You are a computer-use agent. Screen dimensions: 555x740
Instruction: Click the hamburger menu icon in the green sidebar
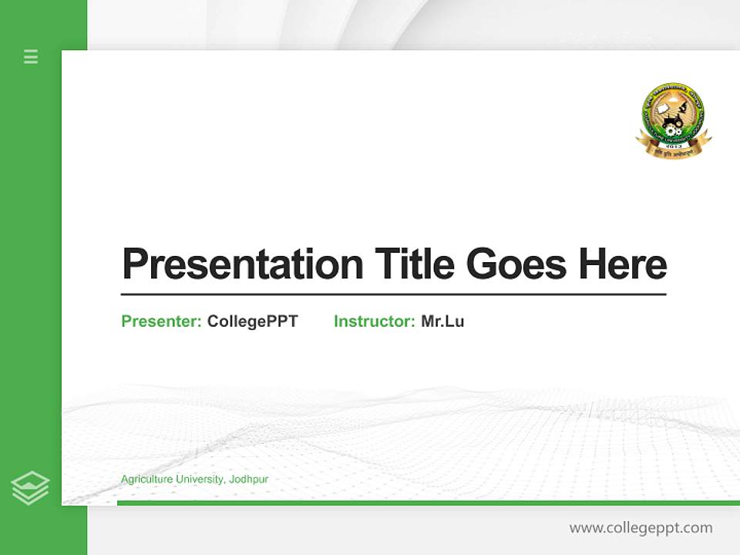pyautogui.click(x=31, y=56)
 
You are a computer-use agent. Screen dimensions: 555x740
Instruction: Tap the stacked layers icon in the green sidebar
pyautogui.click(x=30, y=487)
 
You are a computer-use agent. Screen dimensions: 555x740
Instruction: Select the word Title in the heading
pyautogui.click(x=415, y=264)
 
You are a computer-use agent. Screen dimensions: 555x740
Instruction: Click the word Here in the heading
pyautogui.click(x=622, y=264)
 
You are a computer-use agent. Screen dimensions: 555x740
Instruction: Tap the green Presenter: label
pyautogui.click(x=162, y=321)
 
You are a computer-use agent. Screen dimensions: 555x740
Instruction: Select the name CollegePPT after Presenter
pyautogui.click(x=252, y=321)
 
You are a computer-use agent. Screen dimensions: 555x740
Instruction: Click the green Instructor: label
pyautogui.click(x=375, y=321)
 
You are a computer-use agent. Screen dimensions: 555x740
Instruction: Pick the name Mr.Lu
pyautogui.click(x=442, y=321)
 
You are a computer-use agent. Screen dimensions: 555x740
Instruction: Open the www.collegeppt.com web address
pyautogui.click(x=641, y=528)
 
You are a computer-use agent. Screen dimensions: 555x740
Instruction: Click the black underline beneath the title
pyautogui.click(x=393, y=294)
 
